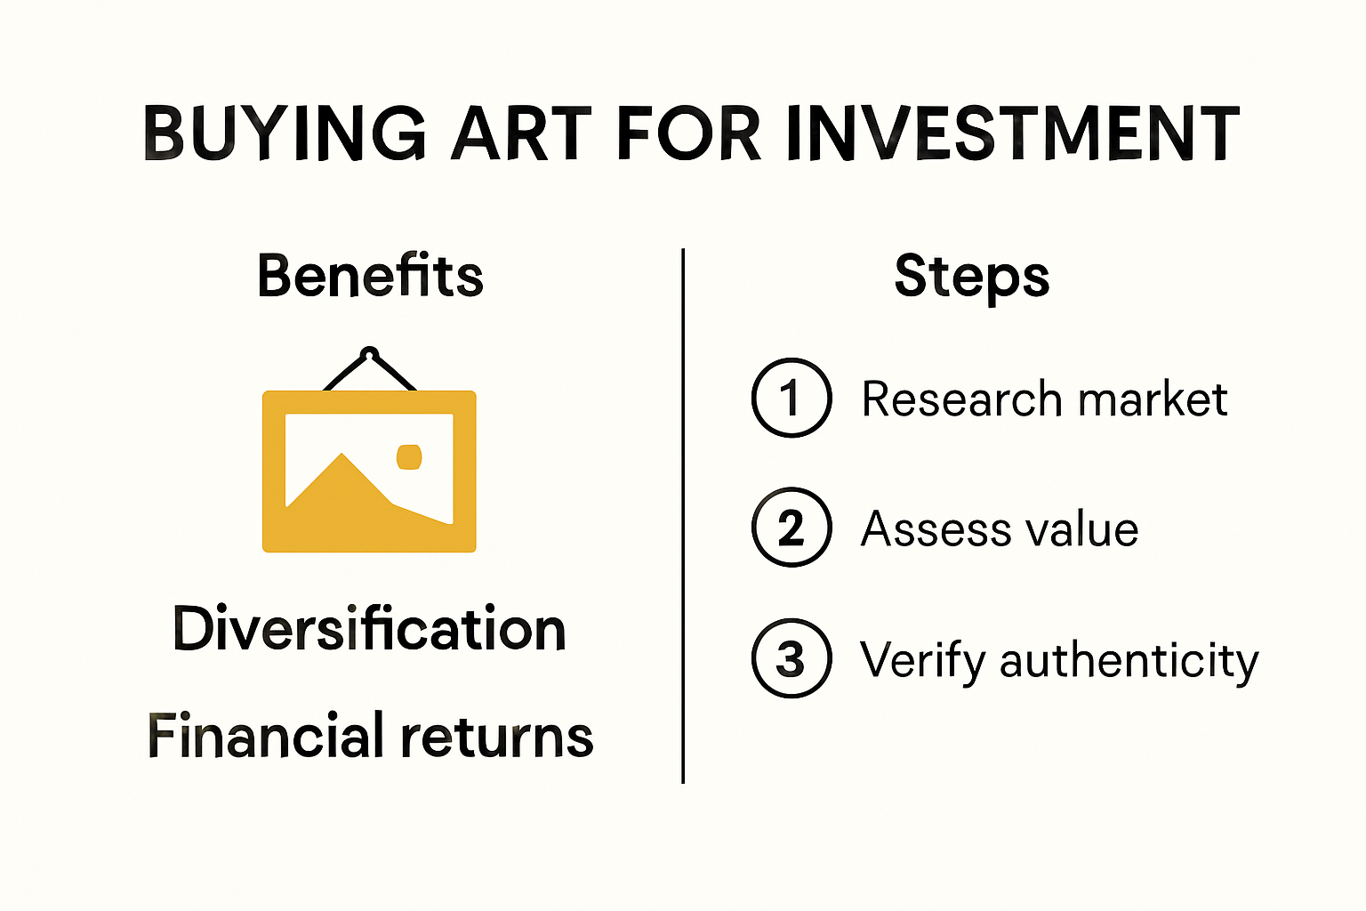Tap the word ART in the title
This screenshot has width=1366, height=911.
(521, 133)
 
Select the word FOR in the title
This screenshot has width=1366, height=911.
(688, 133)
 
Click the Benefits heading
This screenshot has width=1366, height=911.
(370, 276)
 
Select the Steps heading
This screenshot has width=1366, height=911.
(972, 277)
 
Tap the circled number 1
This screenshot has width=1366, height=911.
(791, 398)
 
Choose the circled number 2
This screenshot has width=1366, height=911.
(791, 528)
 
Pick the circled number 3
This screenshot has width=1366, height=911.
(791, 658)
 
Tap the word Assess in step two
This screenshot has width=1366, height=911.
(936, 529)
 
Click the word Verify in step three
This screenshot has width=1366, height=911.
(922, 661)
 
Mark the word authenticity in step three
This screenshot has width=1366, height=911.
(1129, 661)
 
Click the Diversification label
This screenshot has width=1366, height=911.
(369, 629)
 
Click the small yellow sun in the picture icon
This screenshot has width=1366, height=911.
(409, 456)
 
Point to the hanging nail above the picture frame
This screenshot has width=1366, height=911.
(370, 353)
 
